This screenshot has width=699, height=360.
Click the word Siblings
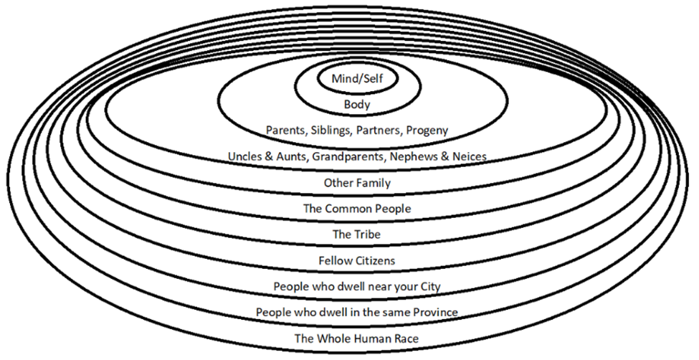point(336,130)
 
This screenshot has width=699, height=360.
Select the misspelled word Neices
point(470,156)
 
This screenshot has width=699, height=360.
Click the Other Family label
point(357,183)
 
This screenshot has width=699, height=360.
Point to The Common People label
point(357,209)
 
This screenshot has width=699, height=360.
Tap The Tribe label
point(356,235)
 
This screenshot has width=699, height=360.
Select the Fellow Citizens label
point(357,260)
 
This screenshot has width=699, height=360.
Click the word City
point(428,287)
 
